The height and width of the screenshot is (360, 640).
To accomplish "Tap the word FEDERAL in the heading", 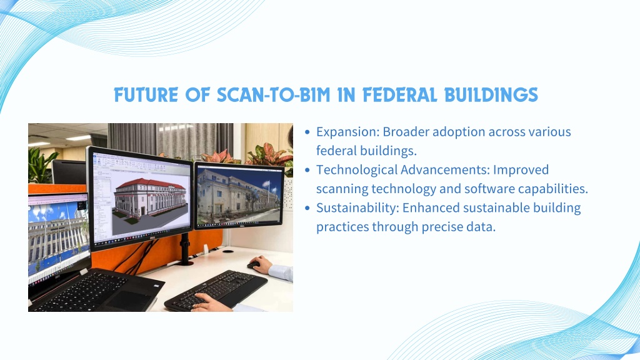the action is pyautogui.click(x=399, y=95).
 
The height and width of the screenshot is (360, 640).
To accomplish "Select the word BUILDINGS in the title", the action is pyautogui.click(x=491, y=95).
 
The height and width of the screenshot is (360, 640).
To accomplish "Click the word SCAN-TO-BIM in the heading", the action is pyautogui.click(x=274, y=95).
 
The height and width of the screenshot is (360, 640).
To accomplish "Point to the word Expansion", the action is pyautogui.click(x=348, y=132).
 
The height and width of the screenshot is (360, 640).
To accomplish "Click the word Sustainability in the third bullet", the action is pyautogui.click(x=357, y=207).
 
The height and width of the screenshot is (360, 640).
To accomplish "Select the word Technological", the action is pyautogui.click(x=356, y=170).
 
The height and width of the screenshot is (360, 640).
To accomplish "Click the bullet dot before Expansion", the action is pyautogui.click(x=307, y=132).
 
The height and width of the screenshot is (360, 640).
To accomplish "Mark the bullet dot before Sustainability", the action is pyautogui.click(x=307, y=208).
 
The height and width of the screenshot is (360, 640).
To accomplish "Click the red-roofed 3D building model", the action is pyautogui.click(x=149, y=199).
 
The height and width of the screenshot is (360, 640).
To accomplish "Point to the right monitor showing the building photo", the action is pyautogui.click(x=239, y=196).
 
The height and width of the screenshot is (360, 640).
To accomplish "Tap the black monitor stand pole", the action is pyautogui.click(x=186, y=249).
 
